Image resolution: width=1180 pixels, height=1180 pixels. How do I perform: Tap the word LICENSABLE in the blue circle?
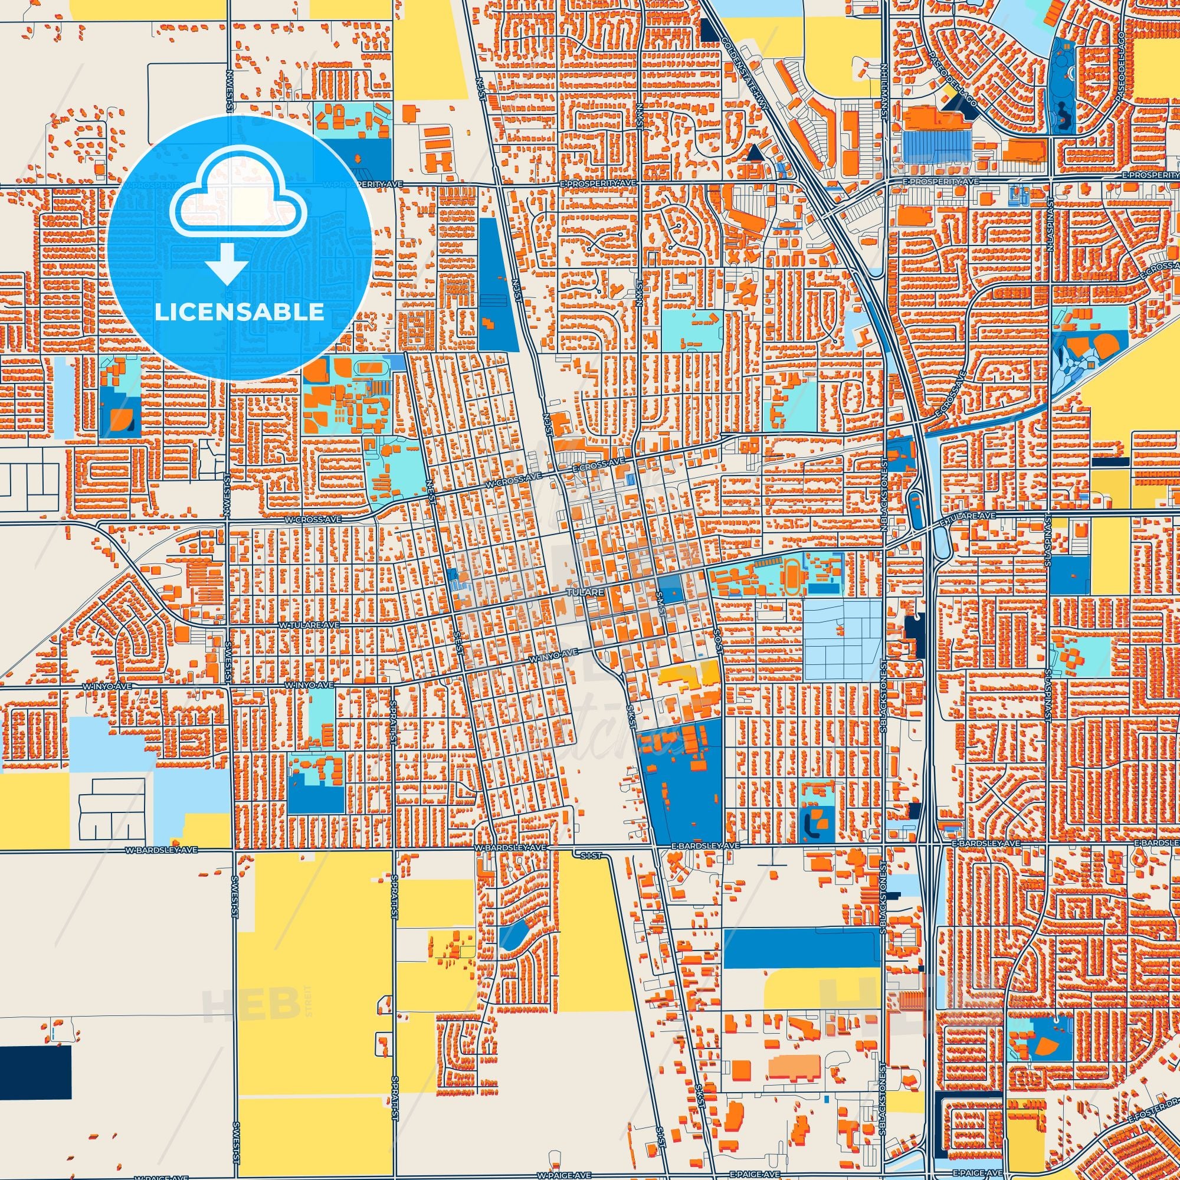240,312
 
